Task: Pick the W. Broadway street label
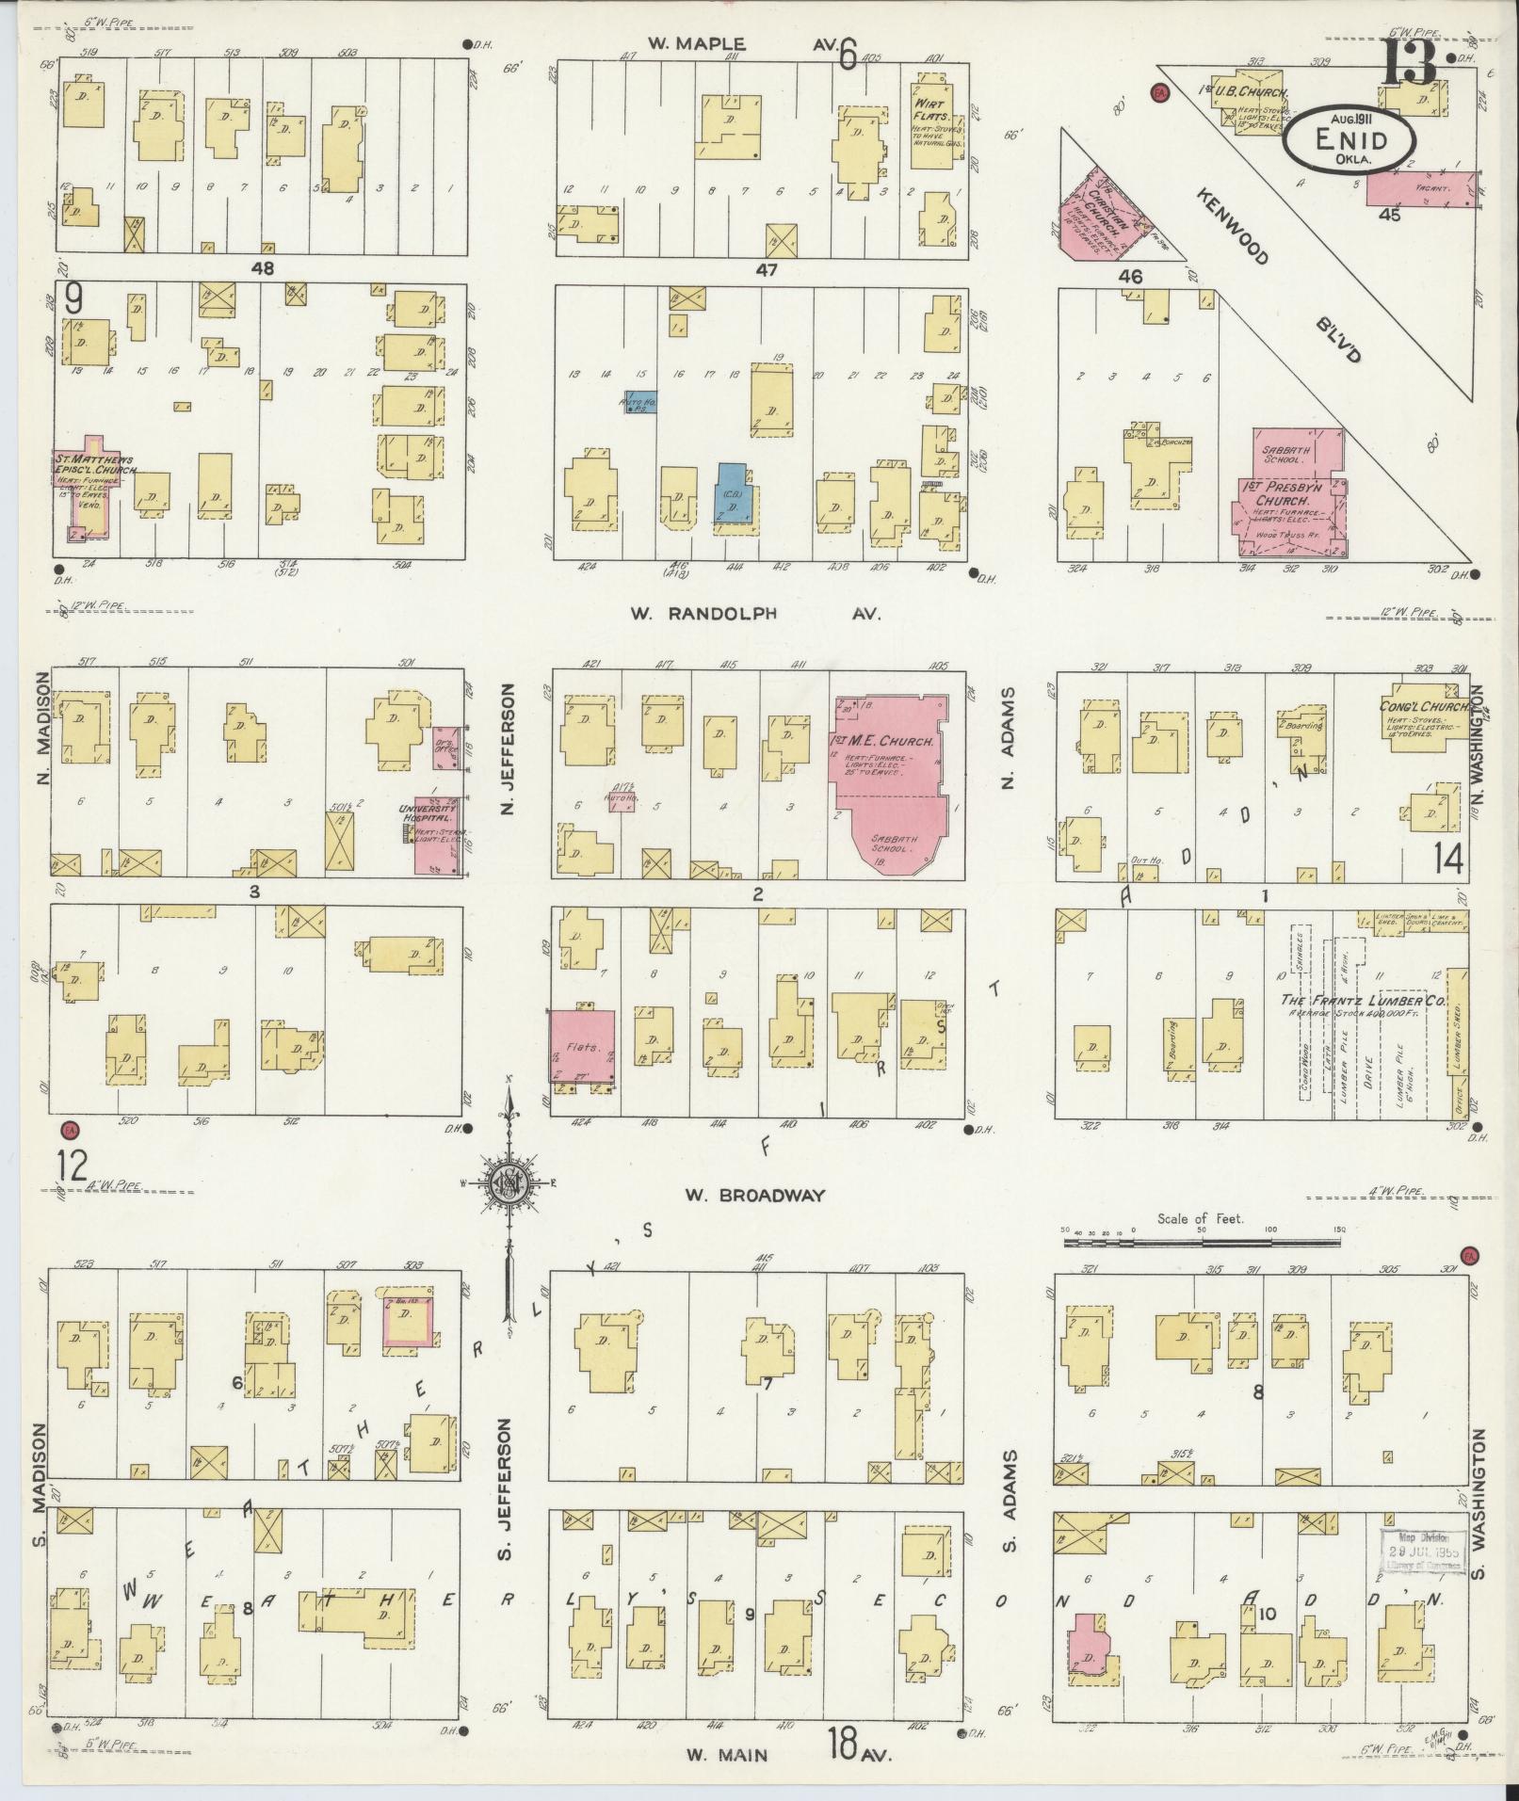tap(754, 1195)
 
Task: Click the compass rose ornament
tap(509, 1180)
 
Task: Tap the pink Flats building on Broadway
tap(582, 1046)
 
